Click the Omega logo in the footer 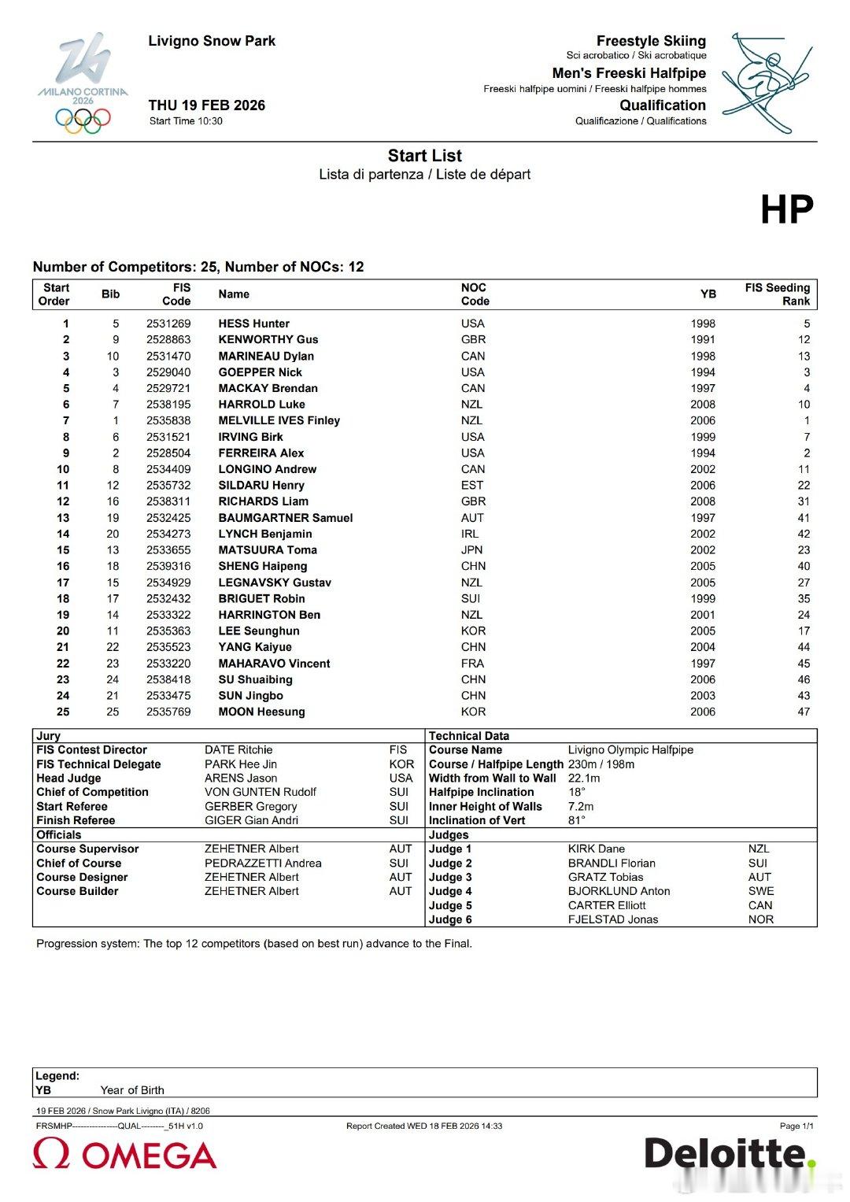click(x=124, y=1154)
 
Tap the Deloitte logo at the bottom click(x=730, y=1154)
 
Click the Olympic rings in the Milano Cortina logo click(x=83, y=120)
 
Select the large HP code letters click(x=786, y=209)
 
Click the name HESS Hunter click(x=253, y=324)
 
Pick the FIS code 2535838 click(x=168, y=420)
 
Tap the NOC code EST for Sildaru click(x=472, y=486)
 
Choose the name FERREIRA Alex click(x=261, y=453)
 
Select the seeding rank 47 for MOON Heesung click(x=803, y=712)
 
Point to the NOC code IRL click(x=470, y=534)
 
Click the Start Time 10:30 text click(x=186, y=121)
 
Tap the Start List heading click(x=424, y=156)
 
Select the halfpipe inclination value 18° click(x=577, y=792)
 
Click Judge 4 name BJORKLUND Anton click(x=619, y=891)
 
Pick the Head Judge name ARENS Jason click(x=241, y=779)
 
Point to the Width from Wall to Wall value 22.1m click(x=584, y=779)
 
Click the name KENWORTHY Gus click(x=268, y=339)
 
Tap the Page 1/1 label click(x=796, y=1126)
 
